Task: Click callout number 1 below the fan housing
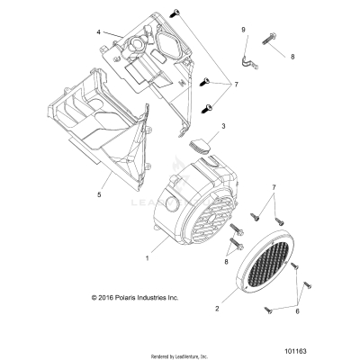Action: coord(148,257)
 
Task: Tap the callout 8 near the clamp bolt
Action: coord(292,56)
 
